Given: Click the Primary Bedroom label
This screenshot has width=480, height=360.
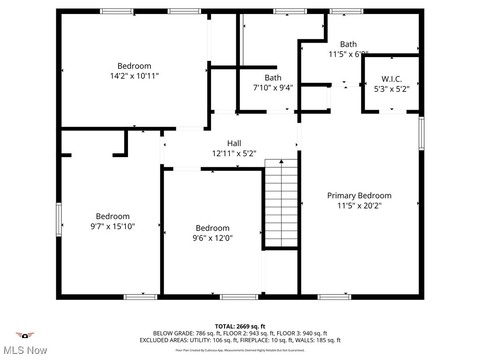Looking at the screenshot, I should tap(359, 195).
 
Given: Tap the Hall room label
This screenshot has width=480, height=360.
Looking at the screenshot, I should tap(234, 143).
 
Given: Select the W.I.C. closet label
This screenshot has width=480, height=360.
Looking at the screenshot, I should tap(391, 79).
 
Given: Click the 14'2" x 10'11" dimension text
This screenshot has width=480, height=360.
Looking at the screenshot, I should tap(134, 75).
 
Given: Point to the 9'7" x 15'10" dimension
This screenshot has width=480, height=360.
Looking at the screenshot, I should tap(112, 226).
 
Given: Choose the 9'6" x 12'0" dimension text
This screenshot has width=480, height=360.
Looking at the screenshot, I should tap(212, 238).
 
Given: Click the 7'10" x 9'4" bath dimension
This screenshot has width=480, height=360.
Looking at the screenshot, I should tap(273, 87).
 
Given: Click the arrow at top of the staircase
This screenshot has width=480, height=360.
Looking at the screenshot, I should tap(281, 162).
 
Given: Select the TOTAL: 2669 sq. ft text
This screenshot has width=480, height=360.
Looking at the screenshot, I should tap(240, 326).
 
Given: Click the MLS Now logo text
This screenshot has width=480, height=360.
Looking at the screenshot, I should tap(25, 350).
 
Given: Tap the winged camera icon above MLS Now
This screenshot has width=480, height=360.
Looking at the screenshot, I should tap(25, 335).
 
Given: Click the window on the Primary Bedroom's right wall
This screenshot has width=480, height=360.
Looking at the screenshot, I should tap(421, 133).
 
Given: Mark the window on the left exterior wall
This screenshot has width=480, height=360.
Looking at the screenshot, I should tap(59, 219).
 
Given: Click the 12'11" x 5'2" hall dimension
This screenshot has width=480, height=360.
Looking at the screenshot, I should tap(234, 153).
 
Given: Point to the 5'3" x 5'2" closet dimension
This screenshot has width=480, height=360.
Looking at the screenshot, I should tap(391, 89).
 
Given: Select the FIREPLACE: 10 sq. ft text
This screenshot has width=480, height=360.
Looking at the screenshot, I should tap(265, 340).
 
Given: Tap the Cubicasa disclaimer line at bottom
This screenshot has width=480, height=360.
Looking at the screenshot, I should tap(240, 350).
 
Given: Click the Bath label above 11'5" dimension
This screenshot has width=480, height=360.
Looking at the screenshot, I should tap(348, 45).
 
